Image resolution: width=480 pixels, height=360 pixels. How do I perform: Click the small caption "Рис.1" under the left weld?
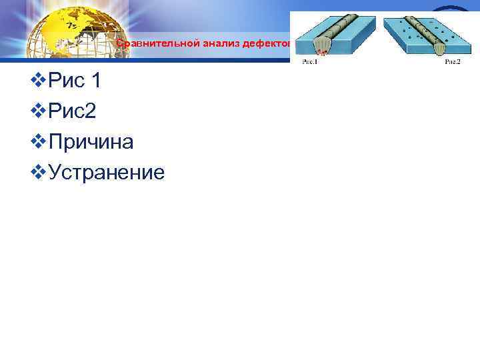[309, 62]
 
